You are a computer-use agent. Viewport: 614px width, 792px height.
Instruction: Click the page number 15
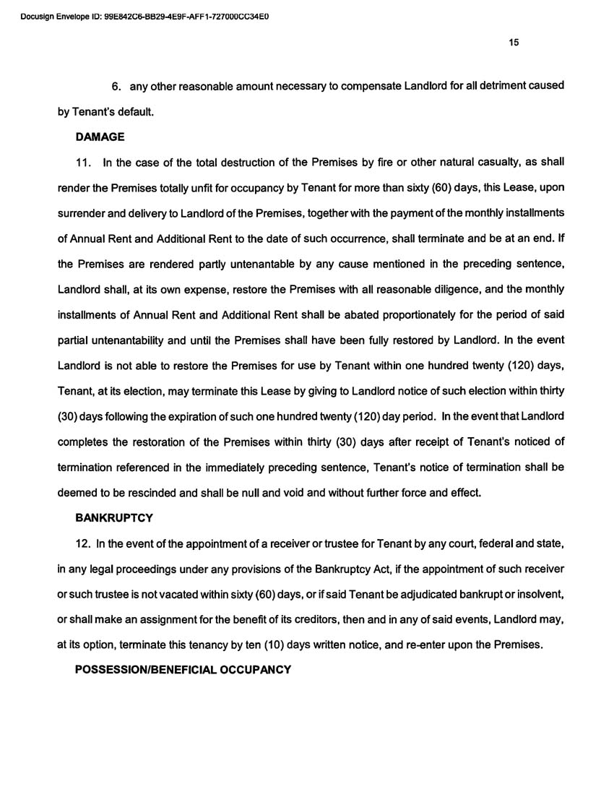(514, 42)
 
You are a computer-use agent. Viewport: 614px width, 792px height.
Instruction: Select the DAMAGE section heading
(100, 136)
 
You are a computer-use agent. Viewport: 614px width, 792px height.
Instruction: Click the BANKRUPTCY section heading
(114, 518)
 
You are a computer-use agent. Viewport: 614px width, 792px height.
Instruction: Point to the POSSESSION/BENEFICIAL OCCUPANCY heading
(183, 669)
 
